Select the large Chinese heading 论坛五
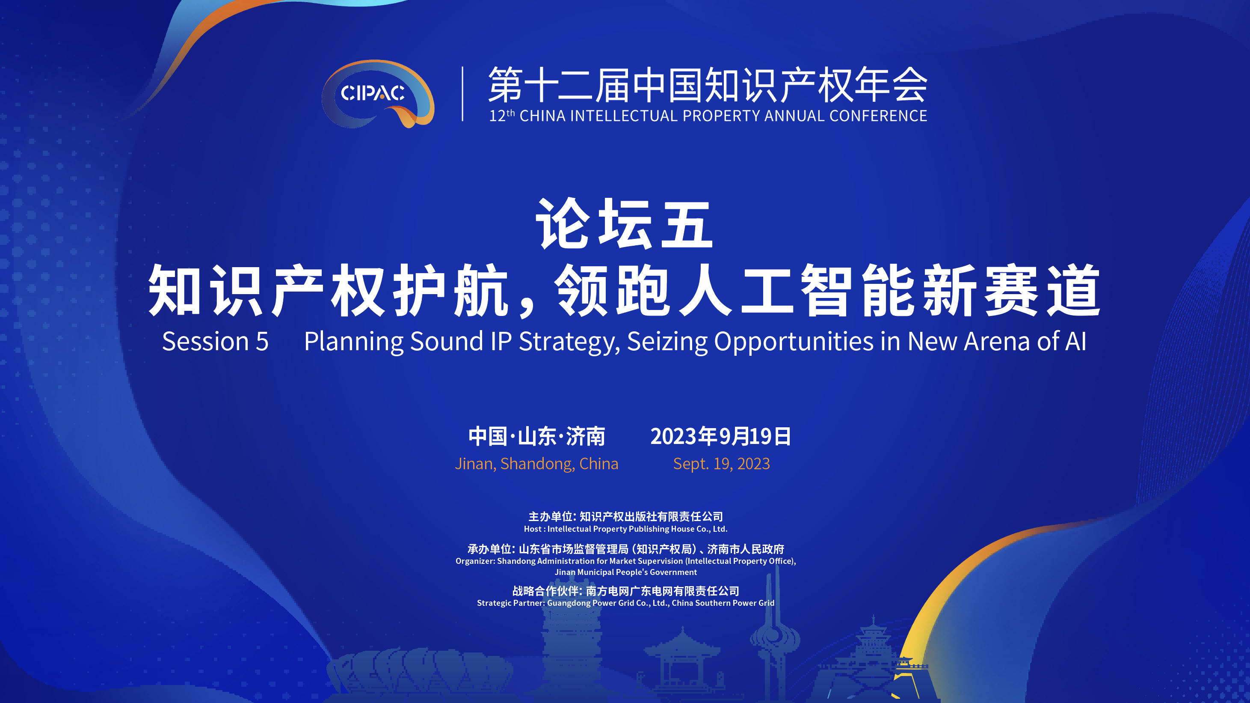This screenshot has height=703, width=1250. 625,224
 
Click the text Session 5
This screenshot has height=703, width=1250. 215,341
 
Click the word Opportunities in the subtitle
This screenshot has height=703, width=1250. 794,342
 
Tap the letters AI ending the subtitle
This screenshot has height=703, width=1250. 1075,341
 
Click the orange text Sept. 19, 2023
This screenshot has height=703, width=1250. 722,464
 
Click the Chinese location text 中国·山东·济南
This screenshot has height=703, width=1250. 537,436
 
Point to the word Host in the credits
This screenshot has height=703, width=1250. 532,529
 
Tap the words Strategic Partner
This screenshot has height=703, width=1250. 511,603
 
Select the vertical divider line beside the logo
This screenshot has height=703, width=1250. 462,94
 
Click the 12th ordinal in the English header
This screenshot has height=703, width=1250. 502,116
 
